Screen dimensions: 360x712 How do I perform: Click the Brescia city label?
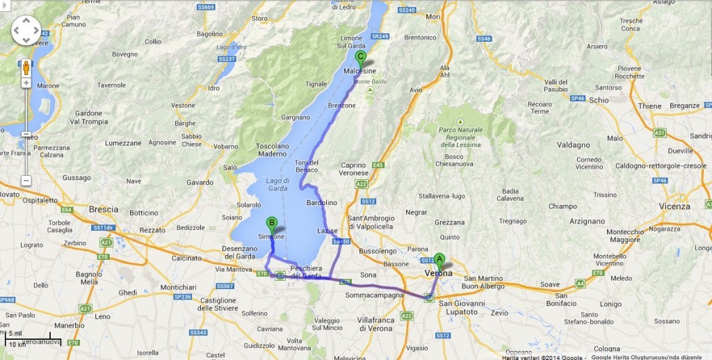tap(104, 209)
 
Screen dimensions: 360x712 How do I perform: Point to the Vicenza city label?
tap(675, 206)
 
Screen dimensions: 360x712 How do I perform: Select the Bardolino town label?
tap(321, 202)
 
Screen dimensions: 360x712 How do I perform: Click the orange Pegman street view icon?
tap(26, 67)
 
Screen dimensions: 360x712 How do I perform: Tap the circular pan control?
tap(26, 31)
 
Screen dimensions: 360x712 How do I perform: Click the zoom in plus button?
tap(26, 83)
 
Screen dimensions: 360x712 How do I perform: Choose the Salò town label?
tap(230, 167)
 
